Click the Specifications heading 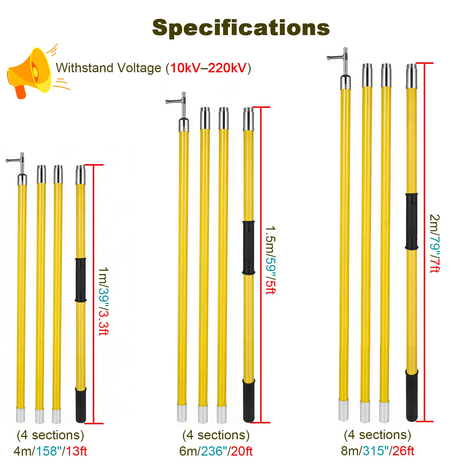(241, 28)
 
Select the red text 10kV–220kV (208, 68)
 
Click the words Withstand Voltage (108, 68)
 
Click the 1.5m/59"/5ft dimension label (270, 260)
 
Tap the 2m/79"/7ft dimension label (434, 244)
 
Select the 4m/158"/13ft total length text (50, 451)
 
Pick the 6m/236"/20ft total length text (216, 451)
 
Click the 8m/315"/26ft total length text (377, 451)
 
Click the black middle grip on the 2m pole (412, 222)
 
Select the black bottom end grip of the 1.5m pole (249, 400)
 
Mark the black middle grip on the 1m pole (81, 280)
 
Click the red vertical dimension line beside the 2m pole (424, 242)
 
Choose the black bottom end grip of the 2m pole (412, 395)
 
